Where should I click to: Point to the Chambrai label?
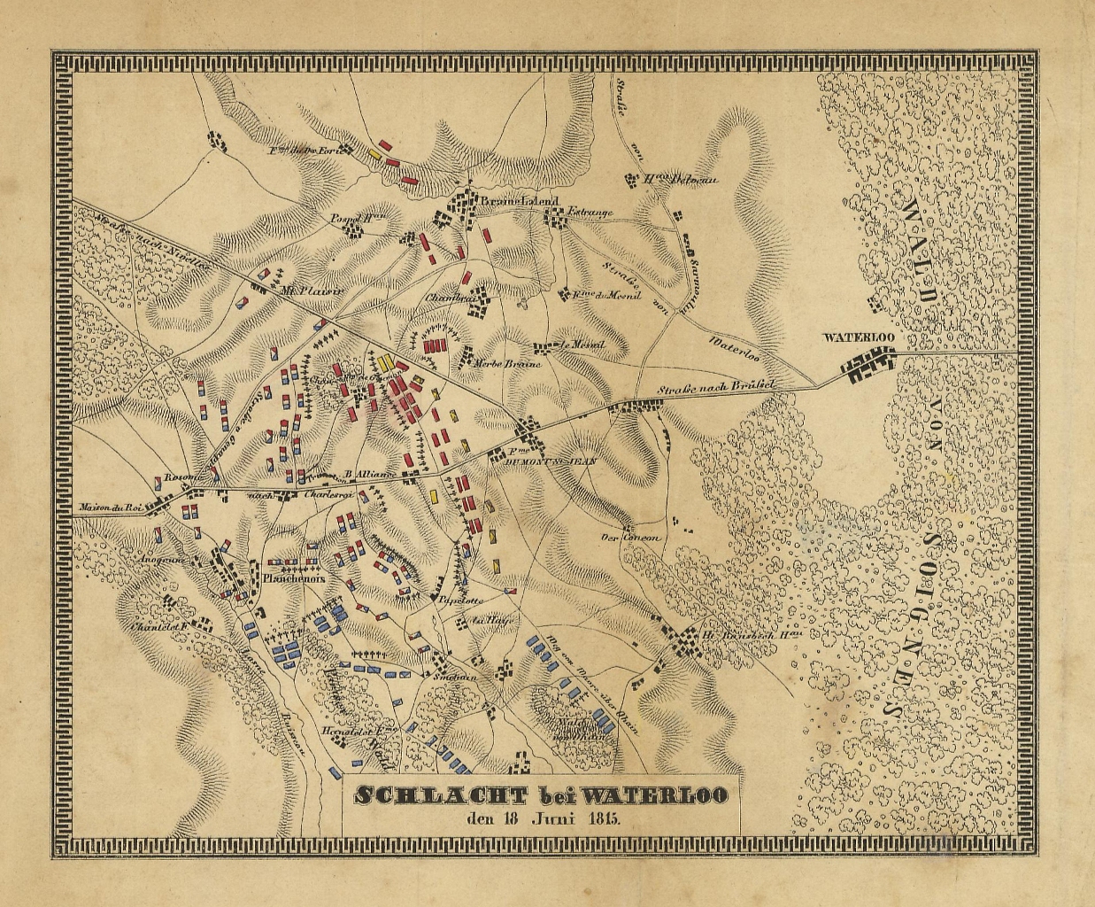click(x=446, y=298)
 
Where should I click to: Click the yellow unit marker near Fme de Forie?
click(x=374, y=152)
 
